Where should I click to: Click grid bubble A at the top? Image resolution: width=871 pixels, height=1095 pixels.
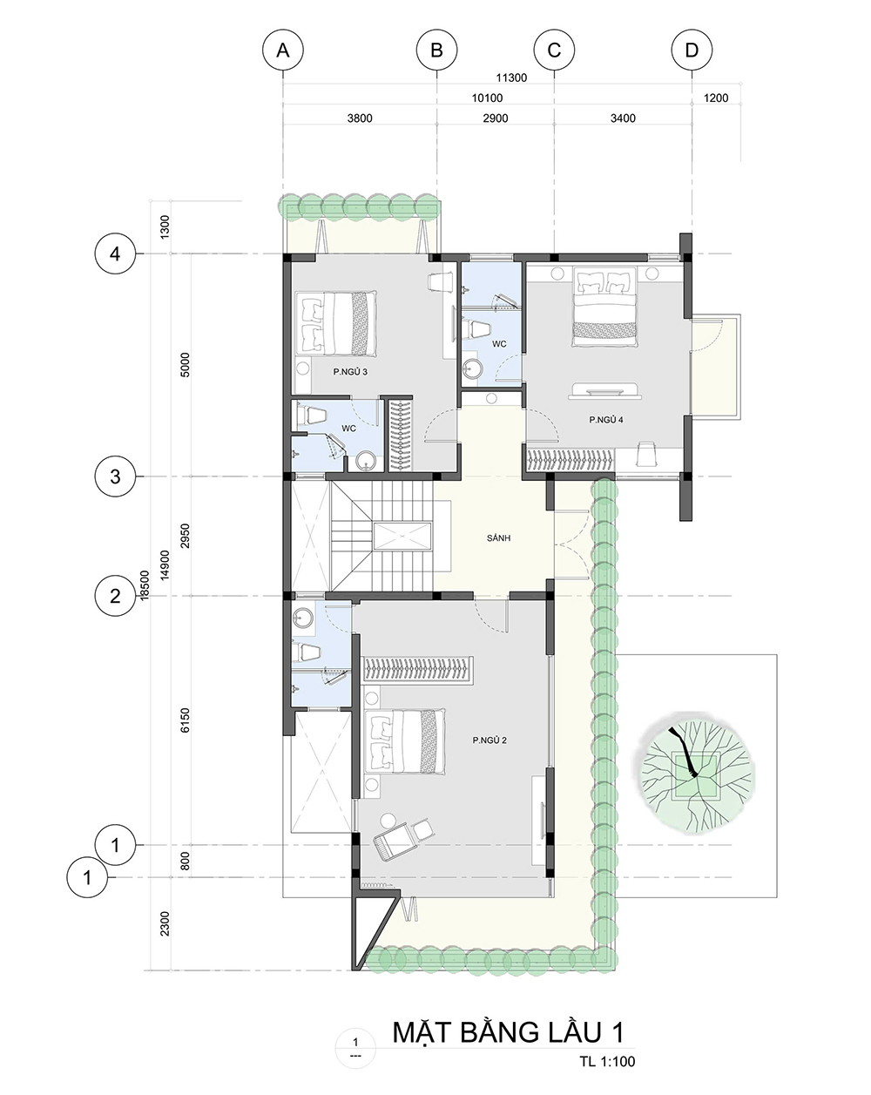click(x=283, y=51)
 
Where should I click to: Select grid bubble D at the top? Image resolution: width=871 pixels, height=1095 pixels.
click(x=692, y=51)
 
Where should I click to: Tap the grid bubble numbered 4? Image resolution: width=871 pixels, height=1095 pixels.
click(x=116, y=253)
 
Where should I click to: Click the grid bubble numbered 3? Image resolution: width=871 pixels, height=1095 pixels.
click(x=116, y=477)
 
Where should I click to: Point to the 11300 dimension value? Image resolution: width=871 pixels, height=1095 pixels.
click(x=511, y=78)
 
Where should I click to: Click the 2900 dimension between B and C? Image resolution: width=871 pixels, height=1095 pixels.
click(x=495, y=118)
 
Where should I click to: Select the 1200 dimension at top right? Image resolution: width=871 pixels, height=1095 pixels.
click(x=716, y=98)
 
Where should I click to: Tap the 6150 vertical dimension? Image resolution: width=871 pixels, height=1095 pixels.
click(x=186, y=720)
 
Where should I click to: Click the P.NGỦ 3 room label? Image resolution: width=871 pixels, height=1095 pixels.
click(x=350, y=372)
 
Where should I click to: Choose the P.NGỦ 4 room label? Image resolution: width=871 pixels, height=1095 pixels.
click(x=606, y=420)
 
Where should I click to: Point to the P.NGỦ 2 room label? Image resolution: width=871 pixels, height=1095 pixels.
click(x=490, y=740)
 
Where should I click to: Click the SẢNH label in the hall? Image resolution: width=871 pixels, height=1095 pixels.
click(x=498, y=537)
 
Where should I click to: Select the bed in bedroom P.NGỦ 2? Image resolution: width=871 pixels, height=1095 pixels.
click(x=405, y=741)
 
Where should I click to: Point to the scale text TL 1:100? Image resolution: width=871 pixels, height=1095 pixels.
click(x=607, y=1061)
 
